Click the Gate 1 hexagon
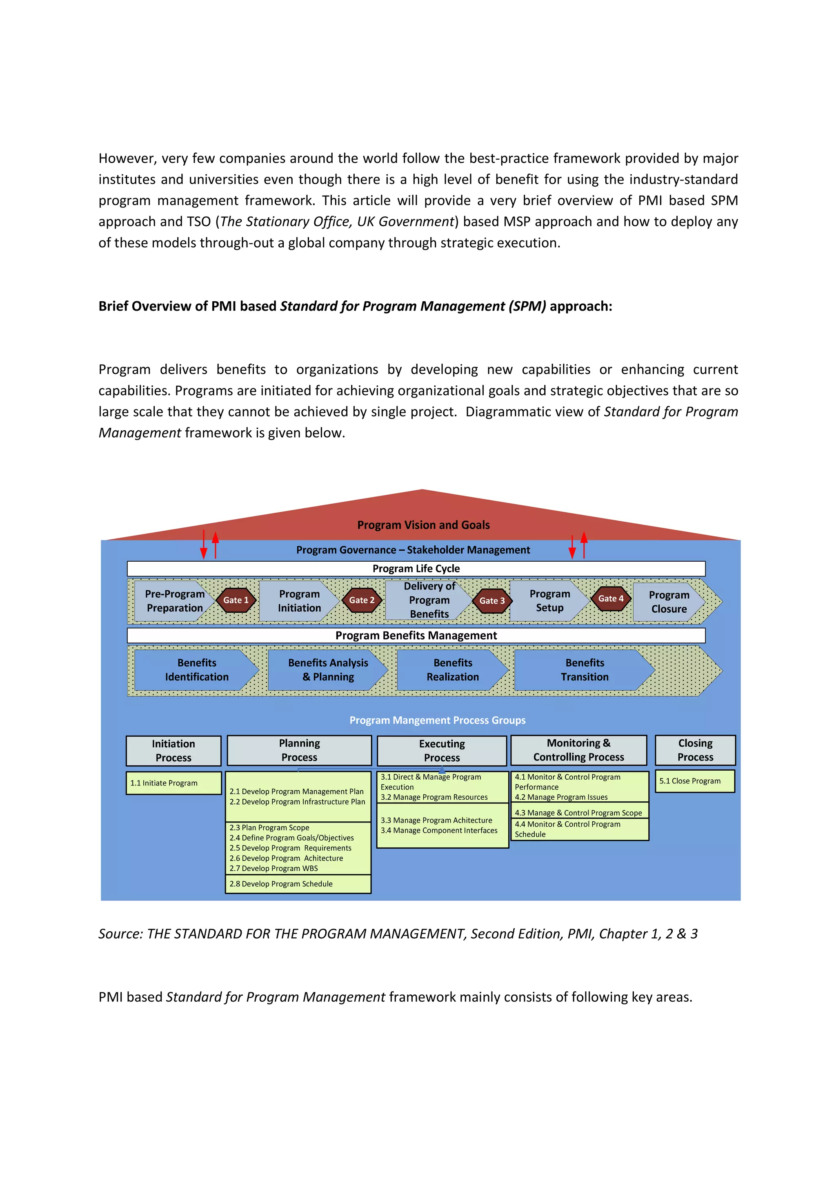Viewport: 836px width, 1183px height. tap(236, 600)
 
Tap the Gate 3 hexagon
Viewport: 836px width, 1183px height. tap(491, 601)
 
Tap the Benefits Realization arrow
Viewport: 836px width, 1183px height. tap(452, 670)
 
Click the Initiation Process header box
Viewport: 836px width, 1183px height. tap(173, 751)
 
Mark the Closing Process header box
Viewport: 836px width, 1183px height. tap(695, 750)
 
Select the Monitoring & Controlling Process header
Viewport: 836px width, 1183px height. tap(578, 750)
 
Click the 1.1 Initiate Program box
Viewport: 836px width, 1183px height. tap(173, 783)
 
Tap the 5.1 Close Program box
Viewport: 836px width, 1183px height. tap(694, 781)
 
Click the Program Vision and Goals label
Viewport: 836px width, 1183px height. tap(423, 525)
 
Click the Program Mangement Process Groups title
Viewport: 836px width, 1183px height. tap(437, 720)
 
